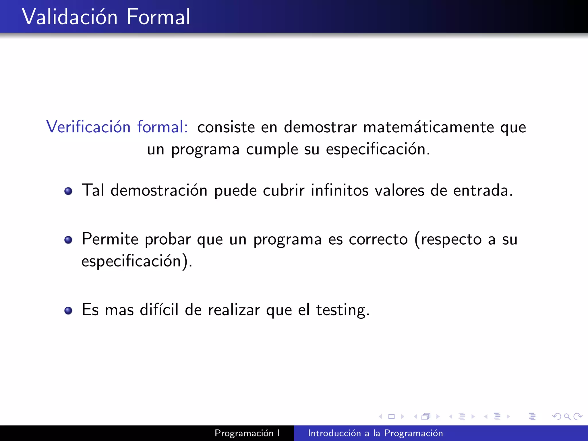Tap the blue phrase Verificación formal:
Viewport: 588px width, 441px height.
point(117,127)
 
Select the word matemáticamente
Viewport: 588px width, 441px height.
point(428,127)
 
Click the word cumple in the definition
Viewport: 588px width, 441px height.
point(272,150)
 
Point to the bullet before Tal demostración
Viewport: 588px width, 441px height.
point(68,191)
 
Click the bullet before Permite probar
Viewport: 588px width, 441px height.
point(68,240)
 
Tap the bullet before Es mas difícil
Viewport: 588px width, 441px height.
point(68,310)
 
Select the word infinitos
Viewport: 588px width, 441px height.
point(340,190)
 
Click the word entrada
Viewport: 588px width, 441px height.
point(483,190)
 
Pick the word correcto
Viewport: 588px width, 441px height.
point(378,239)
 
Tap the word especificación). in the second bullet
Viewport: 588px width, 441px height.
point(137,261)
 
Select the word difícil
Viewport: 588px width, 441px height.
point(159,310)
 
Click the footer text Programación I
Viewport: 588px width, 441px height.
point(247,433)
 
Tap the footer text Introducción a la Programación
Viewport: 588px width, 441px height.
point(375,433)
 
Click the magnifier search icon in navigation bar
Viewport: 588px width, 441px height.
point(567,416)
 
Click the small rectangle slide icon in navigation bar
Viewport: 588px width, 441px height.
point(391,416)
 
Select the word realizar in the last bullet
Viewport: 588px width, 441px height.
point(234,310)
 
